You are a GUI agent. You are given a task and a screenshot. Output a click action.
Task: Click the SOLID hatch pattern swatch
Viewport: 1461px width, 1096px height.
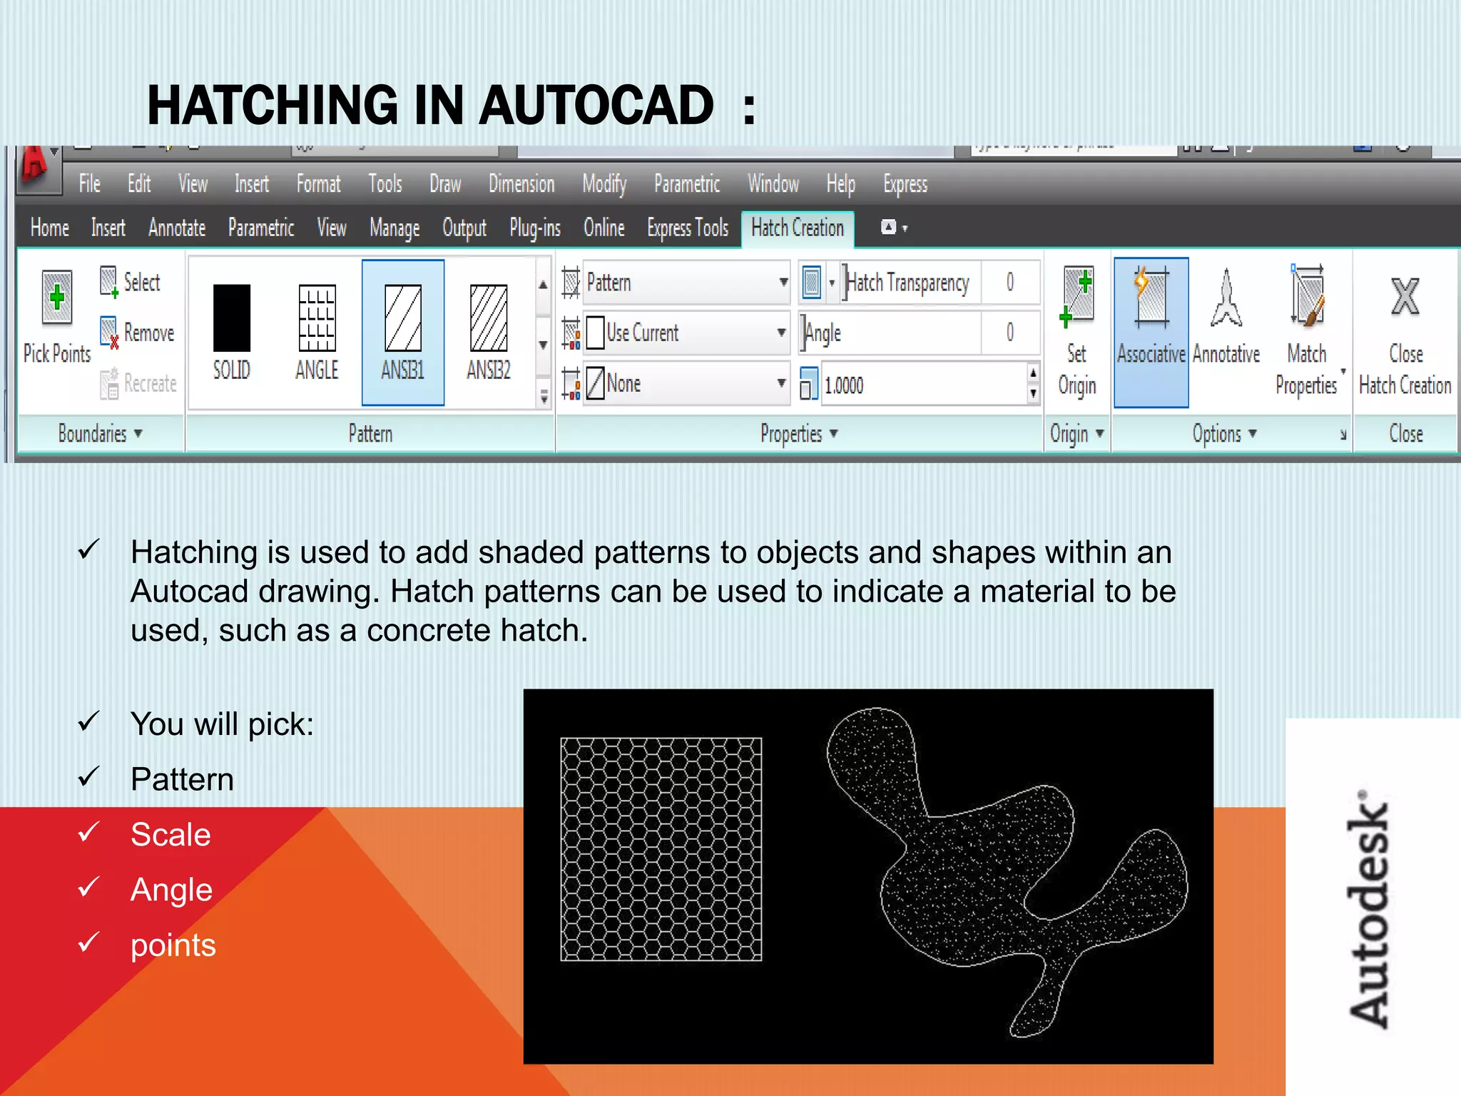[x=232, y=318]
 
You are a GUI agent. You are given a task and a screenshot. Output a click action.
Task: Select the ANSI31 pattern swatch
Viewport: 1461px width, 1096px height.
[x=403, y=318]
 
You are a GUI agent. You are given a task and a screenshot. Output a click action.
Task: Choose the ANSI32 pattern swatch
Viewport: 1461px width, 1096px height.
[x=489, y=318]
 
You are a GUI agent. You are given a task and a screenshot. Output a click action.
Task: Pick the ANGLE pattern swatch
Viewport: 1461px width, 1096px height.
[x=317, y=318]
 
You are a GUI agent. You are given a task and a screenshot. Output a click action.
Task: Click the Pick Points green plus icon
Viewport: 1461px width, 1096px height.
[x=57, y=298]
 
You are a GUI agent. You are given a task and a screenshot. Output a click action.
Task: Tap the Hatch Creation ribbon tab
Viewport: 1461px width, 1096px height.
[x=797, y=228]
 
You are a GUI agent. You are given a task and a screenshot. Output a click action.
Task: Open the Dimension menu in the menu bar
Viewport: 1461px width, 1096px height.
[x=521, y=184]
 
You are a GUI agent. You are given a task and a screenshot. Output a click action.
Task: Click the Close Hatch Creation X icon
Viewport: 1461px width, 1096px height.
[x=1405, y=298]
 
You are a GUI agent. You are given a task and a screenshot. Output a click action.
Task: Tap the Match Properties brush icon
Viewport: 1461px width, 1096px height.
[x=1307, y=298]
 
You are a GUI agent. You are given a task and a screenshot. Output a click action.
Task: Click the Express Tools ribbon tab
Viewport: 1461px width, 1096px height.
[x=688, y=228]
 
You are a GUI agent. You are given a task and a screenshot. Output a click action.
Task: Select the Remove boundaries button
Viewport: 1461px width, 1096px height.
[x=139, y=333]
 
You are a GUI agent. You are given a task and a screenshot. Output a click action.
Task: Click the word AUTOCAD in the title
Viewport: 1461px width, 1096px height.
[x=596, y=106]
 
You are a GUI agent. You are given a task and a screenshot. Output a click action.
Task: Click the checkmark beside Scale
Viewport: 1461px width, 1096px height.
[x=88, y=832]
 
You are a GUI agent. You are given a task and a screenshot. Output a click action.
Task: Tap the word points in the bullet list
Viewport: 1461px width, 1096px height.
[x=173, y=945]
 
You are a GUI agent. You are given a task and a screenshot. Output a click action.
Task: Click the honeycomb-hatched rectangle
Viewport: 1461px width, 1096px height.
[x=661, y=849]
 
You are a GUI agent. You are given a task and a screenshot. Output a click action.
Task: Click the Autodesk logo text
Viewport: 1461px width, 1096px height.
[x=1368, y=910]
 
